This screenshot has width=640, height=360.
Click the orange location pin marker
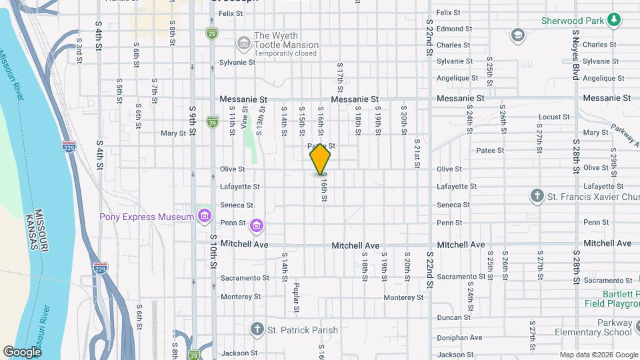pyautogui.click(x=320, y=159)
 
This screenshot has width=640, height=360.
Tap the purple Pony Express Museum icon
pyautogui.click(x=205, y=217)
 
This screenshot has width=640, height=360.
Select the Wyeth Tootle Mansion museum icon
pyautogui.click(x=243, y=45)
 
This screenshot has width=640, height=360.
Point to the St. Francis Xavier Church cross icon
pyautogui.click(x=537, y=196)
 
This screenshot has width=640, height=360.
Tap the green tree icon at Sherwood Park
pyautogui.click(x=614, y=21)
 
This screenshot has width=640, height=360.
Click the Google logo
pyautogui.click(x=22, y=351)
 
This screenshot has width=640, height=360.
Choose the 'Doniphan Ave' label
pyautogui.click(x=460, y=337)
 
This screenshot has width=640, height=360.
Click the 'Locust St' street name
pyautogui.click(x=553, y=117)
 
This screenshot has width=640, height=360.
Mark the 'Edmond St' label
pyautogui.click(x=454, y=29)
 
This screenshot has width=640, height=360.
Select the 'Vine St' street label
pyautogui.click(x=245, y=120)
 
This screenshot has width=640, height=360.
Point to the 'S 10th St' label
pyautogui.click(x=213, y=252)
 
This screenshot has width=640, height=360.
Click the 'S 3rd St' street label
pyautogui.click(x=79, y=50)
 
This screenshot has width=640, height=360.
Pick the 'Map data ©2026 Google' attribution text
pyautogui.click(x=598, y=355)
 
